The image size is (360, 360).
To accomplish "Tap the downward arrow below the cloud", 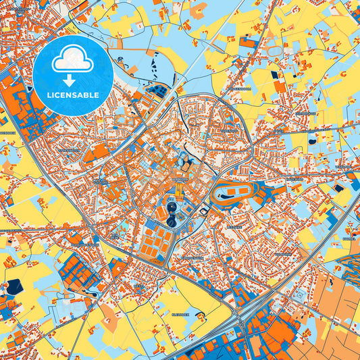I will click(73, 81).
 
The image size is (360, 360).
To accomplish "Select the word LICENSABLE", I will click(73, 95).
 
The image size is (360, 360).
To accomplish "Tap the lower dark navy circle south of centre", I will click(172, 221).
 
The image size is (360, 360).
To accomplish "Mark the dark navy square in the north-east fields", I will click(280, 86).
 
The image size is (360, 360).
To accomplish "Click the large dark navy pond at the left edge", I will click(14, 286).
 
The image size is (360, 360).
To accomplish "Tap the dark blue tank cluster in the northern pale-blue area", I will click(157, 90).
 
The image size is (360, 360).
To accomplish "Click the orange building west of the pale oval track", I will click(249, 43).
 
